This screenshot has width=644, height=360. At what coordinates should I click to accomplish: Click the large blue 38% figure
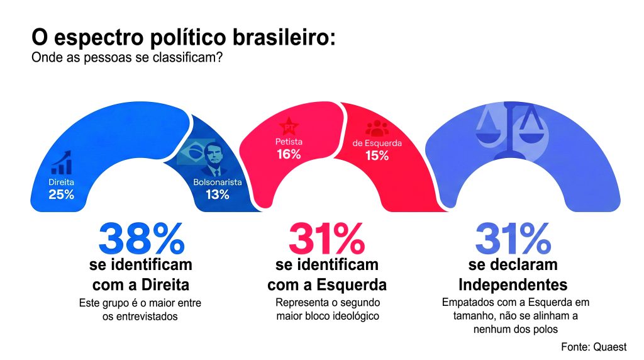click(x=142, y=239)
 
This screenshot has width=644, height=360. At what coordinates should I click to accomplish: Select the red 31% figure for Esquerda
click(x=326, y=239)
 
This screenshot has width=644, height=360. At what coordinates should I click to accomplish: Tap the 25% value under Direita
click(x=62, y=194)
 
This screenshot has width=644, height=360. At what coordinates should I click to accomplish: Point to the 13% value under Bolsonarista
click(x=217, y=194)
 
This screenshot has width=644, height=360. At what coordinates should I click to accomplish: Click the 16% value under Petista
click(x=289, y=154)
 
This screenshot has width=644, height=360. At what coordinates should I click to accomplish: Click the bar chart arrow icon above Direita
click(x=61, y=164)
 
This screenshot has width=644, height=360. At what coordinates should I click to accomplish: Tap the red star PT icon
click(x=289, y=126)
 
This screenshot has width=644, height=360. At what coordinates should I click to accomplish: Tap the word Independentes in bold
click(x=513, y=284)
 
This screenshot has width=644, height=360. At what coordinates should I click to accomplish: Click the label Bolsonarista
click(x=217, y=183)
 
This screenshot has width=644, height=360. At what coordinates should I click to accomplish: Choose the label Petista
click(x=289, y=142)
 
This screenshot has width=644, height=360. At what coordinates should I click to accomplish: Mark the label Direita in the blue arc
click(x=62, y=183)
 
